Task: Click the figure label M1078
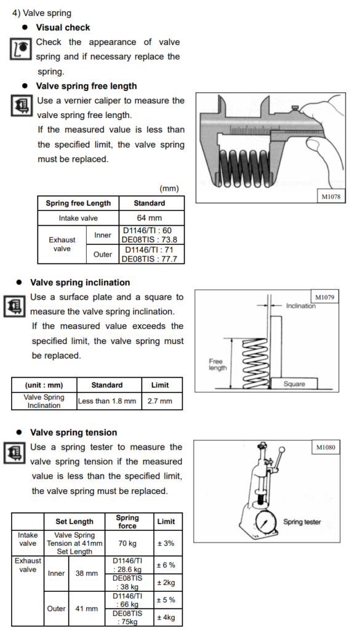pos(330,196)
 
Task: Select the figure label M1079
pos(324,297)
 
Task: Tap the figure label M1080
pos(326,447)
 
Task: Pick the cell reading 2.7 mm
pos(162,401)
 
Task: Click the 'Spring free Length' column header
pos(78,203)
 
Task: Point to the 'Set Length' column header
pos(74,522)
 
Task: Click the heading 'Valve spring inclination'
pos(80,282)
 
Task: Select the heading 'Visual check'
pos(63,27)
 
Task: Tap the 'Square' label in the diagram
pos(294,384)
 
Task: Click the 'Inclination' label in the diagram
pos(300,306)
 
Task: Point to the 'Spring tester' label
pos(302,522)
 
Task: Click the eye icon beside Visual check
pos(21,49)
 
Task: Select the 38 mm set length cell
pos(86,573)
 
